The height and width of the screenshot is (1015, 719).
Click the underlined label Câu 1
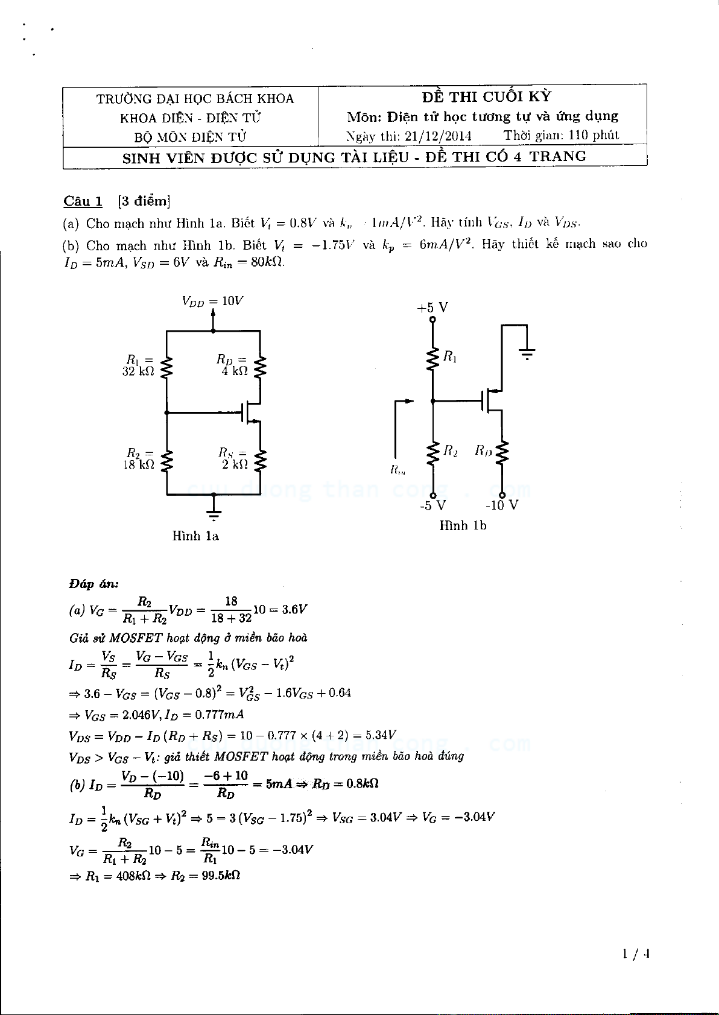click(x=83, y=201)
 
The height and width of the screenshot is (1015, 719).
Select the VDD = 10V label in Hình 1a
click(x=213, y=301)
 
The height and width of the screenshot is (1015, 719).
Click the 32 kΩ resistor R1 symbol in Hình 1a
click(x=167, y=367)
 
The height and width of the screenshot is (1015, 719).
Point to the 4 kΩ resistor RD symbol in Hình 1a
click(x=260, y=367)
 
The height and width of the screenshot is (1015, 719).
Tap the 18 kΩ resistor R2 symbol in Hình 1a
click(x=167, y=460)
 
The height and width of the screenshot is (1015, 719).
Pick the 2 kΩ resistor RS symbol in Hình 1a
click(x=260, y=460)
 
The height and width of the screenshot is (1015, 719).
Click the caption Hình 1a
click(x=195, y=536)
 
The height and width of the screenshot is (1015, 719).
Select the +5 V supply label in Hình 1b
click(x=432, y=308)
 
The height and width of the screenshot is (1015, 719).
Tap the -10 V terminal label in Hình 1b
click(x=502, y=505)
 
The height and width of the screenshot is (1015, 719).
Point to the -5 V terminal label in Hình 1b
click(x=432, y=505)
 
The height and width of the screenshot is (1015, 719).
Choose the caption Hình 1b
click(x=463, y=525)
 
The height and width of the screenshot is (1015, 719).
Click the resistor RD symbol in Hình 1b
click(x=502, y=454)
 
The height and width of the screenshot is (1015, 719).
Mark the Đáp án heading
click(x=93, y=584)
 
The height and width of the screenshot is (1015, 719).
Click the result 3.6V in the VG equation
click(x=294, y=609)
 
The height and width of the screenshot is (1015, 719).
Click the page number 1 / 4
click(x=636, y=953)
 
